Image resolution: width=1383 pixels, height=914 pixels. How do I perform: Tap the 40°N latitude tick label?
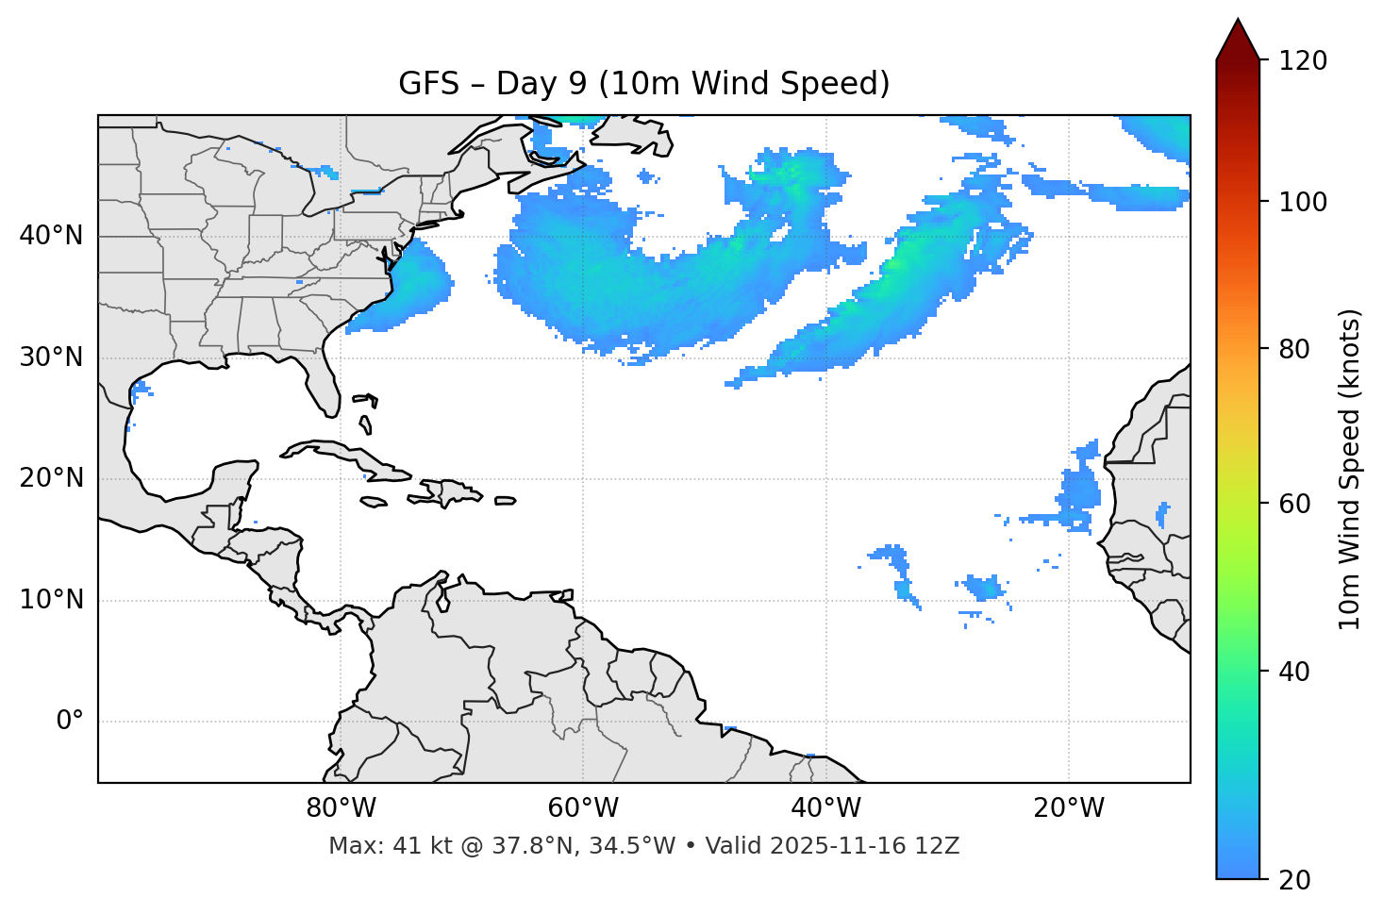pos(51,236)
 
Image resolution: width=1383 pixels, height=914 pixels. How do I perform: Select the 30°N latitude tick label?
pos(51,357)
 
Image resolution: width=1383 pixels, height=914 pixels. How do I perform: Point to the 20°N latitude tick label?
pos(51,478)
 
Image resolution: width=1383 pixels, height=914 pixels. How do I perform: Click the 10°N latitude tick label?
pos(51,600)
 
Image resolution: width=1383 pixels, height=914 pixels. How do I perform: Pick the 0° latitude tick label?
pos(69,722)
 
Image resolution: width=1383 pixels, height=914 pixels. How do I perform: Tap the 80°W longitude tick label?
pos(341,808)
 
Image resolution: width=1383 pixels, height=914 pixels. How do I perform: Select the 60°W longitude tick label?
pos(583,808)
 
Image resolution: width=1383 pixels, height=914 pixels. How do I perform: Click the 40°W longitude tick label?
pos(825,808)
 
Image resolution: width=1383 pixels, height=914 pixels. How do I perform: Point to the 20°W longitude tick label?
pos(1068,808)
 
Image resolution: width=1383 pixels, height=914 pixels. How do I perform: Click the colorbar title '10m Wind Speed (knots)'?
pos(1350,469)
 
